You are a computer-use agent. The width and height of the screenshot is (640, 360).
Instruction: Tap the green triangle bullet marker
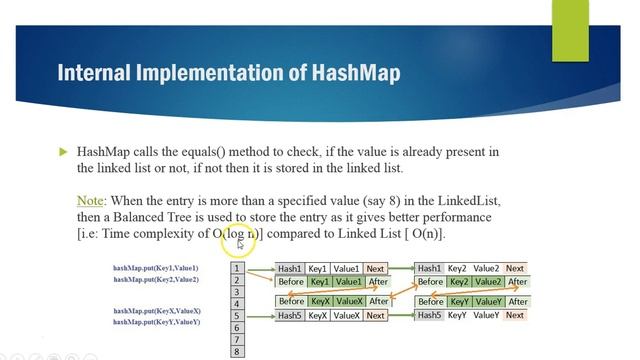[x=62, y=152]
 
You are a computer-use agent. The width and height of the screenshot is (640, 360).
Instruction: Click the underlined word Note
[x=90, y=201]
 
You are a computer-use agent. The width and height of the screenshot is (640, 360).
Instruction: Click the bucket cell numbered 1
[x=237, y=268]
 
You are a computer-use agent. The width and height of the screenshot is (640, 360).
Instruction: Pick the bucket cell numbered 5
[x=237, y=316]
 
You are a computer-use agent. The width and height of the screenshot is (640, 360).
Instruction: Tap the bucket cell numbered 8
[x=237, y=352]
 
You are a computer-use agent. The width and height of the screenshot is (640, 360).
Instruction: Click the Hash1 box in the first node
[x=290, y=268]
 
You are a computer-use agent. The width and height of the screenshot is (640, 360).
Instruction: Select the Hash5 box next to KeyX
[x=290, y=316]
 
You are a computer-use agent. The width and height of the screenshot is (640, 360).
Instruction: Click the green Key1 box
[x=320, y=282]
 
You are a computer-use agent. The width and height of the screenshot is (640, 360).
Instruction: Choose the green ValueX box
[x=349, y=301]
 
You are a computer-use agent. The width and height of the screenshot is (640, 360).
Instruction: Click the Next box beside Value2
[x=515, y=268]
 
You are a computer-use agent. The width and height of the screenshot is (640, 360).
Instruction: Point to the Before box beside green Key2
[x=430, y=282]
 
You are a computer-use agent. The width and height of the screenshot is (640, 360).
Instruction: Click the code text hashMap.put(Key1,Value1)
[x=155, y=268]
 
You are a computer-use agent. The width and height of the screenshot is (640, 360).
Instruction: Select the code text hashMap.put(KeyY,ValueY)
[x=156, y=322]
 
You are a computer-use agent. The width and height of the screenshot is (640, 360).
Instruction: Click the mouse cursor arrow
[x=240, y=242]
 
